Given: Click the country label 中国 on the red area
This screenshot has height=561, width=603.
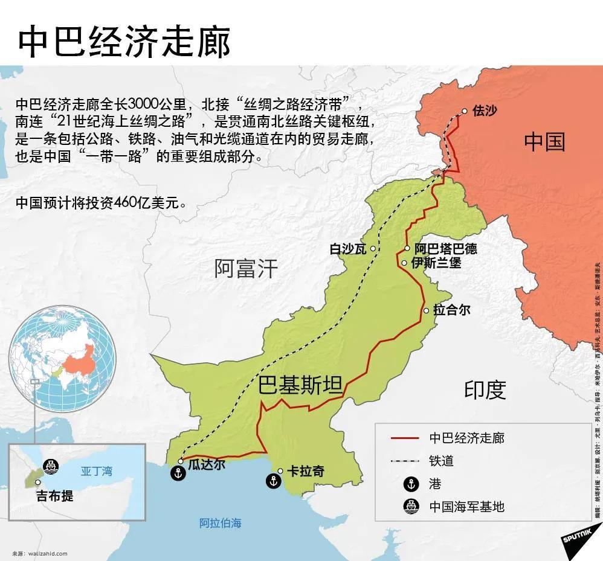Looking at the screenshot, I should click(544, 143).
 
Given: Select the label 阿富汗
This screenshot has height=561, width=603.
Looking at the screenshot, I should click(246, 268).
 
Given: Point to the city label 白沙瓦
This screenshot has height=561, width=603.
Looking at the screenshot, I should click(347, 249).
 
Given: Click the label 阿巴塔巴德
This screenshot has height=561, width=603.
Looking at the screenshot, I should click(445, 249).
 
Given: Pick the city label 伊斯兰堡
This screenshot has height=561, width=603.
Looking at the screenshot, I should click(436, 263).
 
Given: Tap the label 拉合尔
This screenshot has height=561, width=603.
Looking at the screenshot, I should click(451, 310).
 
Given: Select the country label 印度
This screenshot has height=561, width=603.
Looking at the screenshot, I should click(485, 390).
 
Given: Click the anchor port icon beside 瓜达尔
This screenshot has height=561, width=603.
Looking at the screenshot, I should click(178, 474).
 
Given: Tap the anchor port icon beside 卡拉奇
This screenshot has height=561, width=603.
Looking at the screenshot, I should click(272, 481).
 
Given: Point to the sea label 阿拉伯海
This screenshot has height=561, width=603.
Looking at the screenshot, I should click(221, 523).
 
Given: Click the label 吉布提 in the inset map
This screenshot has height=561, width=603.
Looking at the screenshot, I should click(54, 496).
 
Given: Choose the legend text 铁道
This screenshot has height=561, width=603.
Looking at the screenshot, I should click(441, 461).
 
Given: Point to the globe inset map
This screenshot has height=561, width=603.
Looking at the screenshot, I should click(66, 356).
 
